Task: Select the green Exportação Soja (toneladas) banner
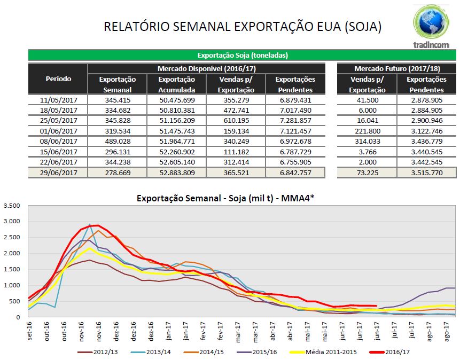click(242, 55)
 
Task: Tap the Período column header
click(58, 79)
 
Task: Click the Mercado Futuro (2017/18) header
click(396, 69)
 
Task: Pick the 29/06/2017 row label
click(58, 173)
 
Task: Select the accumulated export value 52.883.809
click(176, 173)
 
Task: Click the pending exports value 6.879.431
click(295, 100)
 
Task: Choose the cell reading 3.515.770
click(426, 173)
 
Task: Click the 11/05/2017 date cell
click(58, 100)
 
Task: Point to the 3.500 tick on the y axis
click(11, 206)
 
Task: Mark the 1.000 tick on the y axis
click(11, 285)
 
